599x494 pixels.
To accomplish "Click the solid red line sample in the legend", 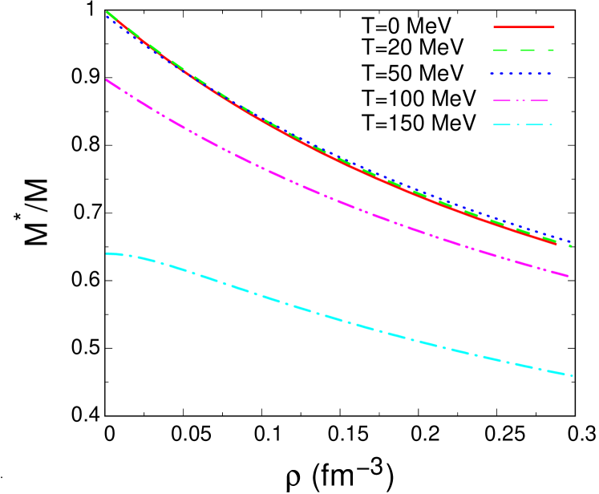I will point(524,27).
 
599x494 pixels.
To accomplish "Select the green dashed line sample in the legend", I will point(524,50).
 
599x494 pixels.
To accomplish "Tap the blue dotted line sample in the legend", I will point(521,74).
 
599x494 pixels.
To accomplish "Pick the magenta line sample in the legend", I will point(521,101).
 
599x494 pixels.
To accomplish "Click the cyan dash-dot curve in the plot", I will point(337,319).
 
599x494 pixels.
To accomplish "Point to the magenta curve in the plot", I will point(337,200).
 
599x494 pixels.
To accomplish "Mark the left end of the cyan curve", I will point(107,253).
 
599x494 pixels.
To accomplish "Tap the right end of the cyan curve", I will point(571,375).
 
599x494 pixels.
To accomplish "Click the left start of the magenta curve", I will point(107,79).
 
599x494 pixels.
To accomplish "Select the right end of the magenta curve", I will point(568,276).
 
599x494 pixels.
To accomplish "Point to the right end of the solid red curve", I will point(556,243).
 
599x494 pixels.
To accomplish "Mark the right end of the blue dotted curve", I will point(570,241).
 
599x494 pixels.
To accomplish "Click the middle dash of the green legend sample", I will point(528,50).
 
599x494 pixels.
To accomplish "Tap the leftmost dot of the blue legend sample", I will point(492,74).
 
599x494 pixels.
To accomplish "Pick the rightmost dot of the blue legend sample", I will point(550,74).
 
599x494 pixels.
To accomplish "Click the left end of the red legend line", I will point(495,27).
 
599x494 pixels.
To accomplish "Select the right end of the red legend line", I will point(553,27).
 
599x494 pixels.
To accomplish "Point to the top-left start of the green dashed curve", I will point(107,12).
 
